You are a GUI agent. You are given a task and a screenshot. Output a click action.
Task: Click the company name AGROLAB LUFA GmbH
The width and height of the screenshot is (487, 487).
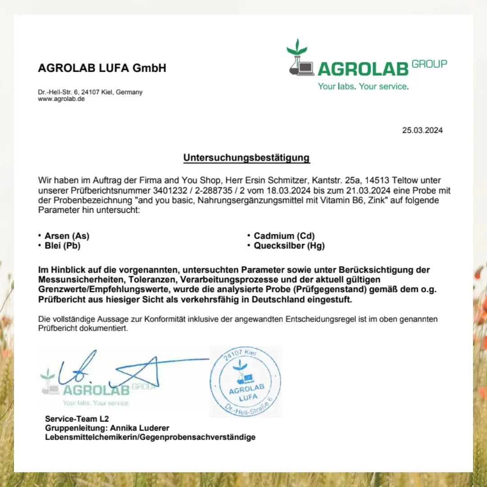pyautogui.click(x=102, y=68)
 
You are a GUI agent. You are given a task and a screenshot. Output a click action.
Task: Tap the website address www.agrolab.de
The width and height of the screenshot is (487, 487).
pyautogui.click(x=61, y=99)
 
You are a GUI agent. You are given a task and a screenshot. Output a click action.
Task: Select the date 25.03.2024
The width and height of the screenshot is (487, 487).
pyautogui.click(x=422, y=131)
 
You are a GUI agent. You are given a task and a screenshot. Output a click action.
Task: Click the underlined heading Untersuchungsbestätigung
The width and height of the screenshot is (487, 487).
pyautogui.click(x=246, y=158)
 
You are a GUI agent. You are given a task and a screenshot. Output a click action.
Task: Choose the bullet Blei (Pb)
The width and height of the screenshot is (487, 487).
pyautogui.click(x=62, y=246)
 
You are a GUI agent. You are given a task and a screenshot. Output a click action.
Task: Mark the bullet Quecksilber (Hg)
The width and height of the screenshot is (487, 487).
pyautogui.click(x=289, y=246)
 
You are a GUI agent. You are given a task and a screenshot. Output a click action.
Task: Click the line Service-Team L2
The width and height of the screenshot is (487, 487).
pyautogui.click(x=77, y=419)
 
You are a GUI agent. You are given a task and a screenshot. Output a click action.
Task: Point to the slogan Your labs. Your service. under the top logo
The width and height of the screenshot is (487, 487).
pyautogui.click(x=363, y=86)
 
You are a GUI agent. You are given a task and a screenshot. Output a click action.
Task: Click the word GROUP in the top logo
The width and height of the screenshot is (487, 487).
pyautogui.click(x=429, y=64)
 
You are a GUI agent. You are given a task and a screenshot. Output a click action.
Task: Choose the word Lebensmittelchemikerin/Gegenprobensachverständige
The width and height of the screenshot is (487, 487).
pyautogui.click(x=150, y=437)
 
